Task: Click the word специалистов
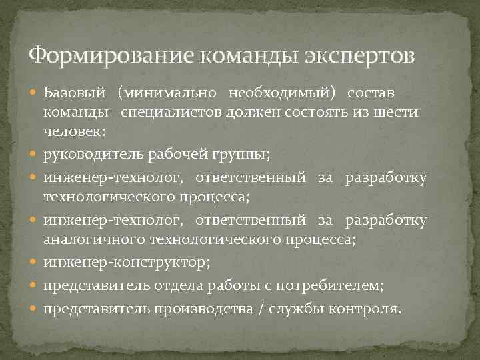(x=175, y=111)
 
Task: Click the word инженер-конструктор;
(x=127, y=263)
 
